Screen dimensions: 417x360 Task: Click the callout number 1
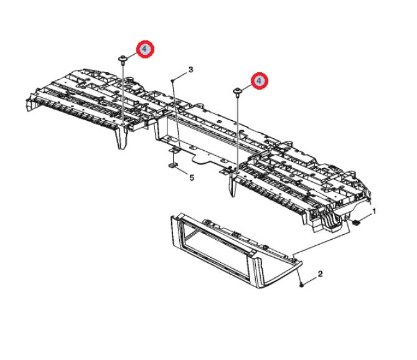click(374, 212)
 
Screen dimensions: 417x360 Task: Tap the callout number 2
click(320, 273)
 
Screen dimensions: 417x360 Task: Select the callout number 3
click(190, 70)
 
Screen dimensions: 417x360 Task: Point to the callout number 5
click(192, 178)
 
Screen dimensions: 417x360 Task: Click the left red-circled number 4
click(145, 49)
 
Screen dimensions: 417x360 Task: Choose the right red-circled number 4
click(259, 80)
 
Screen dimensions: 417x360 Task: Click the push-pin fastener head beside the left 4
click(123, 59)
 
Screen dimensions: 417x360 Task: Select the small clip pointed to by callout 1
click(357, 222)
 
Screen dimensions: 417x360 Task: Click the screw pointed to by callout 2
click(301, 285)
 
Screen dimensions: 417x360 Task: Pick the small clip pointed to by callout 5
click(172, 166)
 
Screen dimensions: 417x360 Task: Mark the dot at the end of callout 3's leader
click(172, 80)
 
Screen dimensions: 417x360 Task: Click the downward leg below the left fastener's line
click(121, 138)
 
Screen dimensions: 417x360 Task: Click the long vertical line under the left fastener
click(123, 95)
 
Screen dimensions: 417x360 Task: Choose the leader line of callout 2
click(309, 281)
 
